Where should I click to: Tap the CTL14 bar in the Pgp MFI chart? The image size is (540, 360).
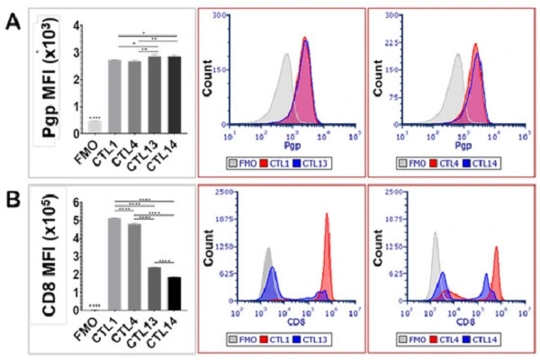pyautogui.click(x=171, y=93)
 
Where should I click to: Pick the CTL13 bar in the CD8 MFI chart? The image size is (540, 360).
pyautogui.click(x=153, y=288)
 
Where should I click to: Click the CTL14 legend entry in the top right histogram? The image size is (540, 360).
pyautogui.click(x=483, y=162)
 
